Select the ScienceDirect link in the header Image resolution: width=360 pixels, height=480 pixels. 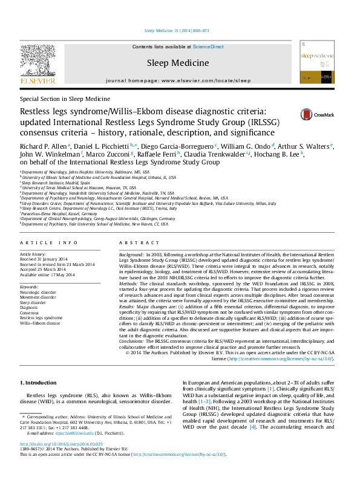(208, 47)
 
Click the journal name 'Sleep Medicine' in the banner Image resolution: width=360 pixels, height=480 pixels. (178, 62)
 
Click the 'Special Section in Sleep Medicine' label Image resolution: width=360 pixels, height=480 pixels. (65, 98)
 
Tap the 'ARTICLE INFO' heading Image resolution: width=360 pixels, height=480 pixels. (48, 242)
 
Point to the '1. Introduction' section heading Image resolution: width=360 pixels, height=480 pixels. (38, 383)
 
